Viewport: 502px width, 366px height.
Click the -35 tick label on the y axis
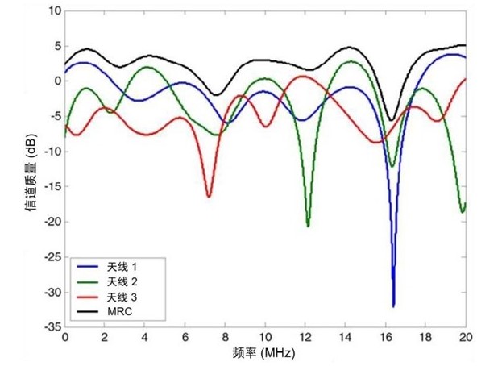click(x=51, y=328)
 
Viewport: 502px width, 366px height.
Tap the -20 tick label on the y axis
click(x=51, y=222)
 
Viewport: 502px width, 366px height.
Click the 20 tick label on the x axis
click(x=466, y=338)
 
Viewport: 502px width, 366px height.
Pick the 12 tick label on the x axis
click(x=305, y=338)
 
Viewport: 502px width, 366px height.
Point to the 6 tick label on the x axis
click(x=185, y=338)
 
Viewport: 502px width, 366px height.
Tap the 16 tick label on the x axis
click(x=385, y=338)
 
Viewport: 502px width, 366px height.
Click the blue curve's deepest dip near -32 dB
click(x=393, y=306)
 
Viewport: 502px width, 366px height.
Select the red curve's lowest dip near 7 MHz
click(x=209, y=196)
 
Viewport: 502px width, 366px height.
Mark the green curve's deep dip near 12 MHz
click(x=308, y=225)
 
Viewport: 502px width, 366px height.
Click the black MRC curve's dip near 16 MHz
click(x=391, y=120)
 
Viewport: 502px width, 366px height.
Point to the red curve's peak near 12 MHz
click(x=303, y=77)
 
